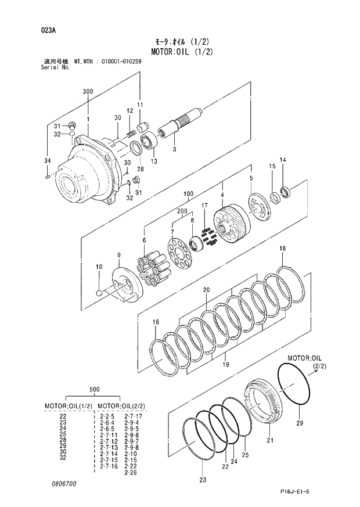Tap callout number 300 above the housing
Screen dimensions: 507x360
coord(88,92)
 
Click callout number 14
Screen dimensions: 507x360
coord(283,160)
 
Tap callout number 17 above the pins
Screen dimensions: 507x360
coord(204,206)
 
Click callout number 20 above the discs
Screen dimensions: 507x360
coord(206,289)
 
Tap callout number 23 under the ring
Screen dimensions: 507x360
coord(202,480)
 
